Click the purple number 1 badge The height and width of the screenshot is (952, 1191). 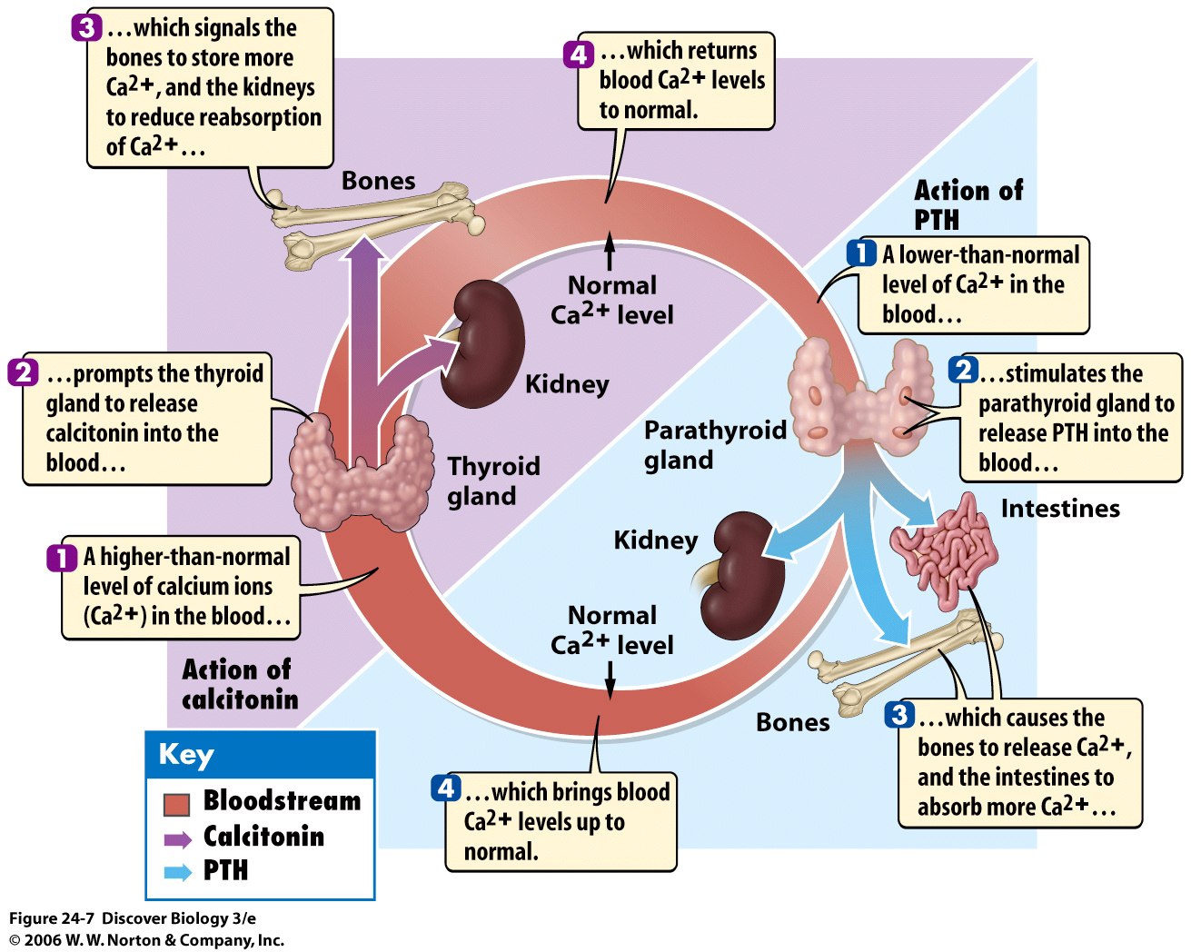(x=62, y=557)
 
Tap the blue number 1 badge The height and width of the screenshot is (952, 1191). (x=860, y=253)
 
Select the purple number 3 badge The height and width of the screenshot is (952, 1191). (x=85, y=27)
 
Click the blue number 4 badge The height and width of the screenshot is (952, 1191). (x=445, y=788)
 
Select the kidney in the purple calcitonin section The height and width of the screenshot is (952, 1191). (x=482, y=343)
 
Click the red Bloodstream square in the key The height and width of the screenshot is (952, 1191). (x=176, y=804)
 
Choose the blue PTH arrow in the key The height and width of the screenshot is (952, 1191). (x=177, y=872)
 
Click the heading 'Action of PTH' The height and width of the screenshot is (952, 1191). (x=968, y=204)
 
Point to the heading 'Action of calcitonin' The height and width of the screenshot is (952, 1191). (x=240, y=684)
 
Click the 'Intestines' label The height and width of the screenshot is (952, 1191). (x=1060, y=509)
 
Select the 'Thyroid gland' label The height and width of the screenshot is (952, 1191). (x=493, y=481)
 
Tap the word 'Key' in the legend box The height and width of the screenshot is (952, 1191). (x=185, y=755)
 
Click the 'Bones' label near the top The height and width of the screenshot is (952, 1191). (x=378, y=181)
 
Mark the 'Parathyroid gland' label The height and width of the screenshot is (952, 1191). (x=715, y=444)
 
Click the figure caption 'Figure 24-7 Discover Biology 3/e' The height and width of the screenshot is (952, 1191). (x=133, y=918)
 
